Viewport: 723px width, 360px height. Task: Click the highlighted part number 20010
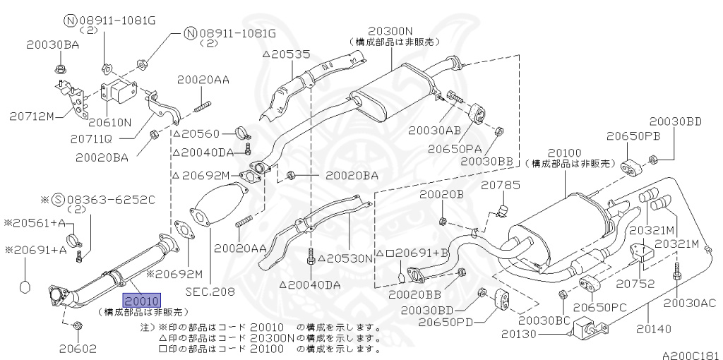click(142, 301)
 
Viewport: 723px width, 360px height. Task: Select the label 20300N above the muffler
click(391, 31)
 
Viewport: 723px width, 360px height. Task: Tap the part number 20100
click(566, 153)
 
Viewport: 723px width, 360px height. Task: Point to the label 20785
click(501, 186)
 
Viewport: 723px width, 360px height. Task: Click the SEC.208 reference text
click(210, 292)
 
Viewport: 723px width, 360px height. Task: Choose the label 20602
click(78, 349)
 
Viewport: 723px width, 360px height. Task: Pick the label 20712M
click(31, 116)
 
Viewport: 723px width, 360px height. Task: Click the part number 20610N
click(109, 122)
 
